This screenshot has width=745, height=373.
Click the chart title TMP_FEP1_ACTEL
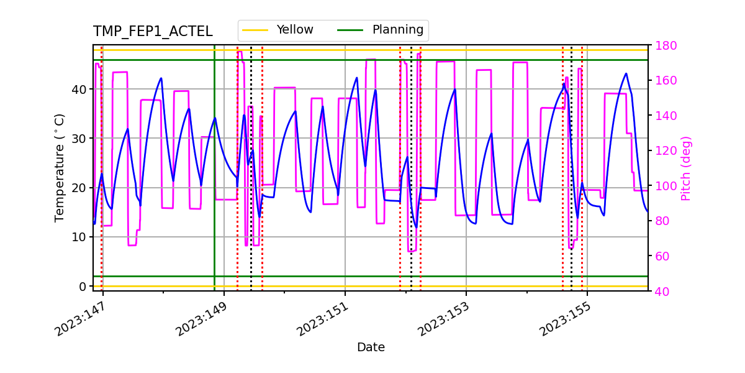[153, 32]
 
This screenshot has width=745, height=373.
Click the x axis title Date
[371, 348]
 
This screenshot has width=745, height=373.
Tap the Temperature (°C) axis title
[60, 167]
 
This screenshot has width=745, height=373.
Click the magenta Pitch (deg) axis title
[685, 168]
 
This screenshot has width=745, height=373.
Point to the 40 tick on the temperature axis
[79, 89]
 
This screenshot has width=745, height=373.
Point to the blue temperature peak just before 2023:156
[626, 73]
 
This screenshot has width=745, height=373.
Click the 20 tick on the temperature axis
[79, 188]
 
